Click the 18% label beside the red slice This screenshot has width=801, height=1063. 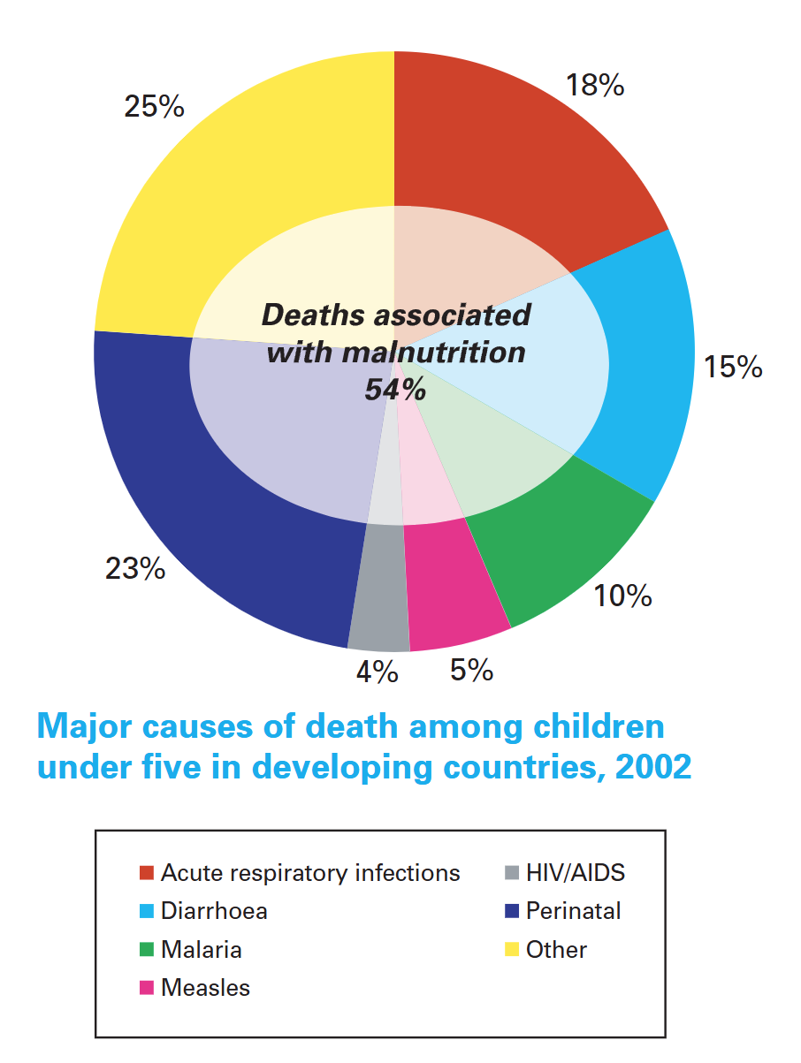click(x=594, y=86)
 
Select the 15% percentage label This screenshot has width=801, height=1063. click(x=733, y=367)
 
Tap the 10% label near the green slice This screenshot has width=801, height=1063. click(x=622, y=596)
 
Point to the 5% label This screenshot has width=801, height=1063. click(x=471, y=671)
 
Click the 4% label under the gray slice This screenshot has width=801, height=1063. click(x=378, y=673)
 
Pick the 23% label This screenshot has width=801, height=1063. click(x=135, y=569)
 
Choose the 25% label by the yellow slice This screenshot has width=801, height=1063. click(x=154, y=107)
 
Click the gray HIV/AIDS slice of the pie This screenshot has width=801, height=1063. click(x=379, y=619)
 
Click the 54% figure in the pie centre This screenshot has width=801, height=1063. click(x=396, y=389)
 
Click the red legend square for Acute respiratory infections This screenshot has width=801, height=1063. click(x=147, y=874)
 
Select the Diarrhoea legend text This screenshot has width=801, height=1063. click(x=214, y=911)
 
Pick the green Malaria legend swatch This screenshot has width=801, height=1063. click(x=147, y=951)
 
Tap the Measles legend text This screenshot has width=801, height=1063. click(x=205, y=988)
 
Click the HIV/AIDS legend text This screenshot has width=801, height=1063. click(x=575, y=874)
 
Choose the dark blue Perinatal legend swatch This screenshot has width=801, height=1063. click(x=511, y=911)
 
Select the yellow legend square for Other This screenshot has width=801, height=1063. click(x=511, y=951)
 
